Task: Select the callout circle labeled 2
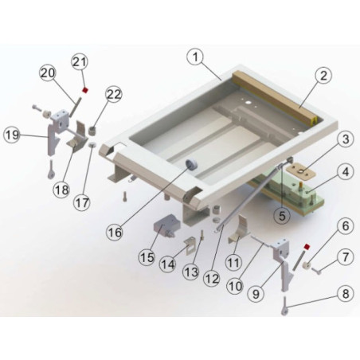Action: click(x=322, y=77)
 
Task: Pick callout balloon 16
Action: click(x=115, y=232)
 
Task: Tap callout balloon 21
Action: click(x=80, y=61)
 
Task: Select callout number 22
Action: click(x=114, y=94)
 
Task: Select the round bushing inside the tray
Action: click(x=191, y=164)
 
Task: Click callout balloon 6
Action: click(x=343, y=226)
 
